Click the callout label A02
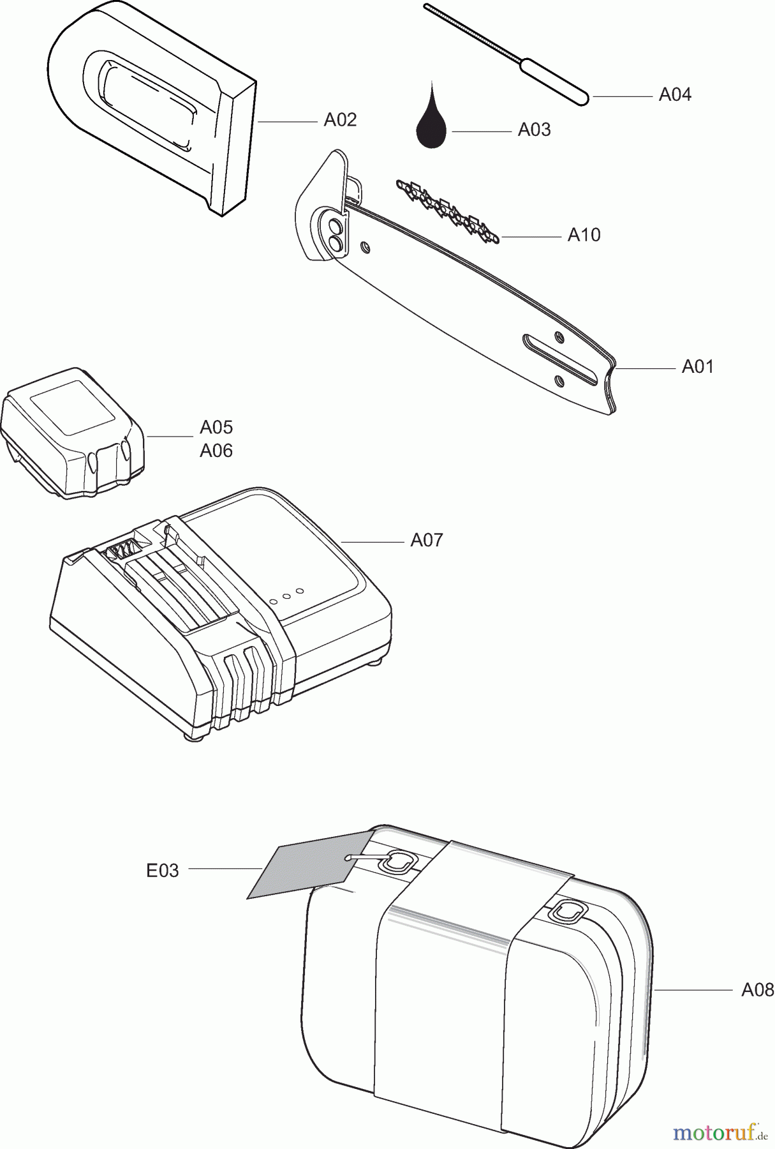tap(340, 119)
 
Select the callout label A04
tap(675, 94)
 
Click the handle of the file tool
tap(554, 82)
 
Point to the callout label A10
tap(584, 235)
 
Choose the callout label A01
tap(698, 366)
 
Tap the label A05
tap(216, 427)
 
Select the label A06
tap(216, 451)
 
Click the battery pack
tap(72, 433)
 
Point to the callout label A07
tap(426, 540)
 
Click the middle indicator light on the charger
tap(286, 597)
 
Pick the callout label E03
tap(163, 870)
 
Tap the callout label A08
tap(758, 990)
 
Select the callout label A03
tap(534, 130)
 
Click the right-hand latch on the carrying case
tap(567, 912)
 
